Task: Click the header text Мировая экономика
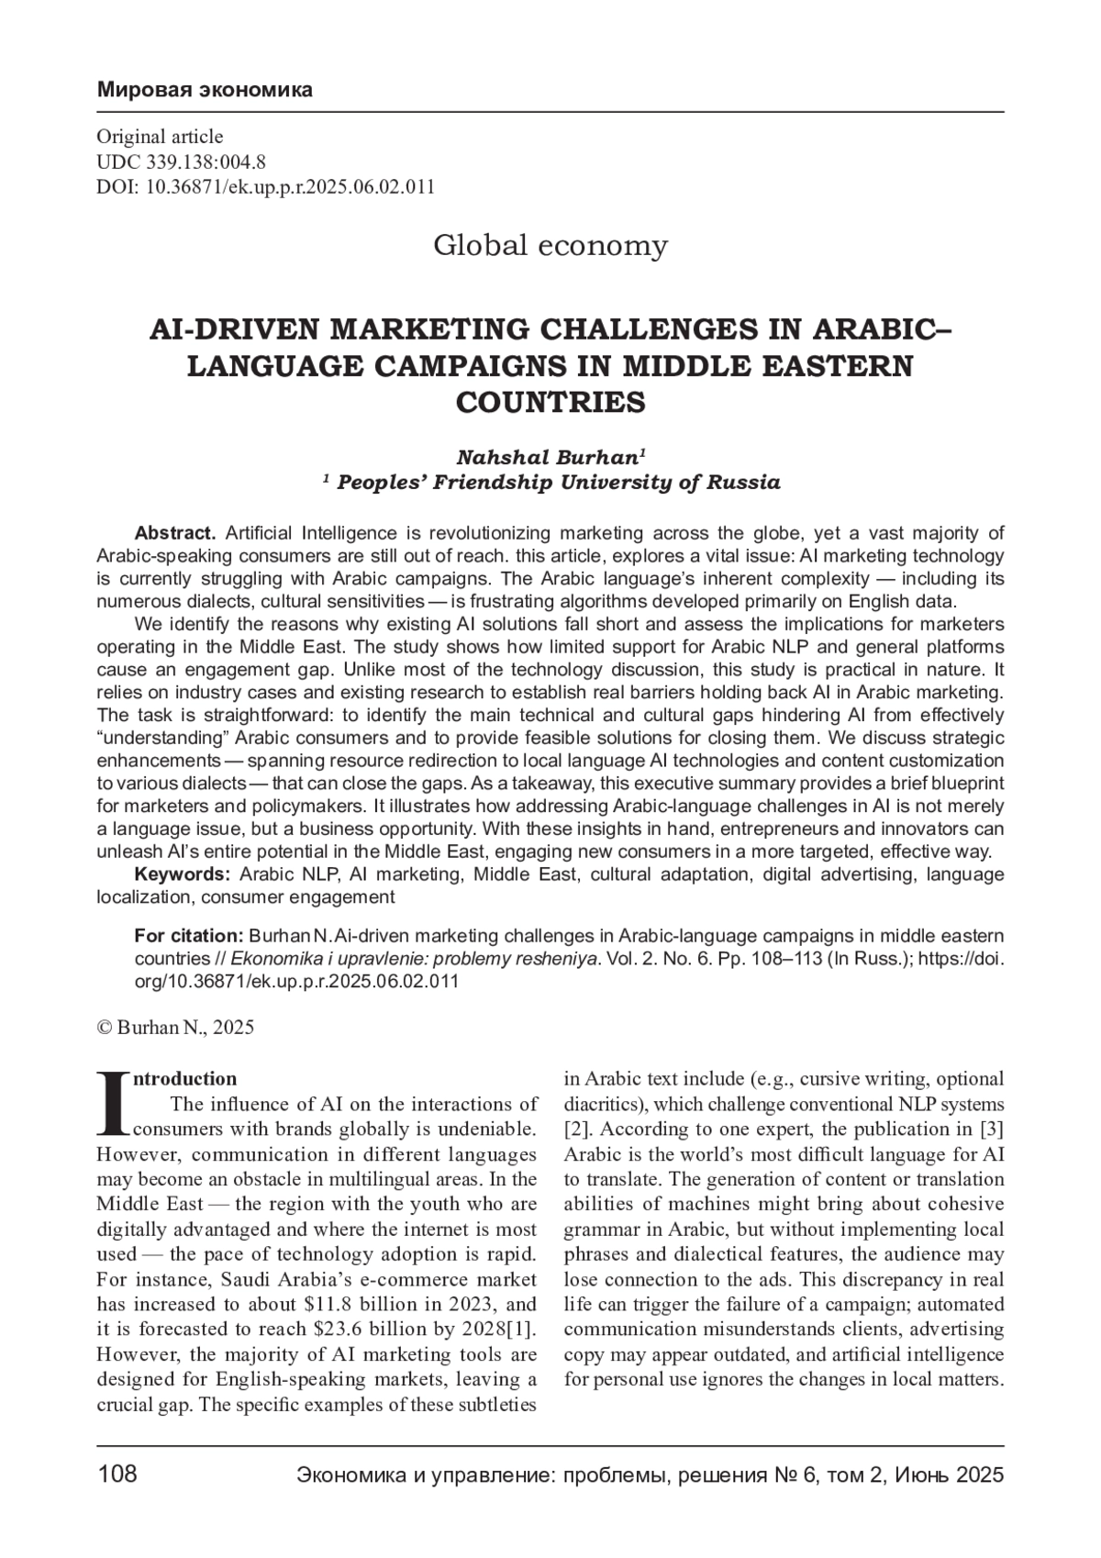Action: [205, 90]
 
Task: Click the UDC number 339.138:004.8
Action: [204, 162]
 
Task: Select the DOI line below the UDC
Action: [265, 187]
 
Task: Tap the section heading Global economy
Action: [550, 246]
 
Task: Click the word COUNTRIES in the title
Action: [550, 403]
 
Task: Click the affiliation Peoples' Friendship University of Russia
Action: [559, 483]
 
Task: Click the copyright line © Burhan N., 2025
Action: [175, 1028]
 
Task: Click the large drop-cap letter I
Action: [114, 1102]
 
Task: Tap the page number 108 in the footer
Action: [117, 1475]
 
